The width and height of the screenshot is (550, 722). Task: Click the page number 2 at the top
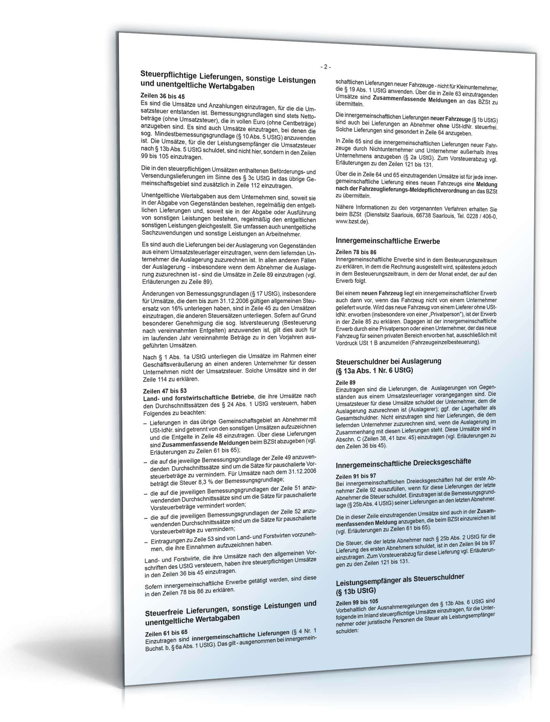click(324, 67)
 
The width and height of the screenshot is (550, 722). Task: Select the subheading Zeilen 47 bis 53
click(165, 391)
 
